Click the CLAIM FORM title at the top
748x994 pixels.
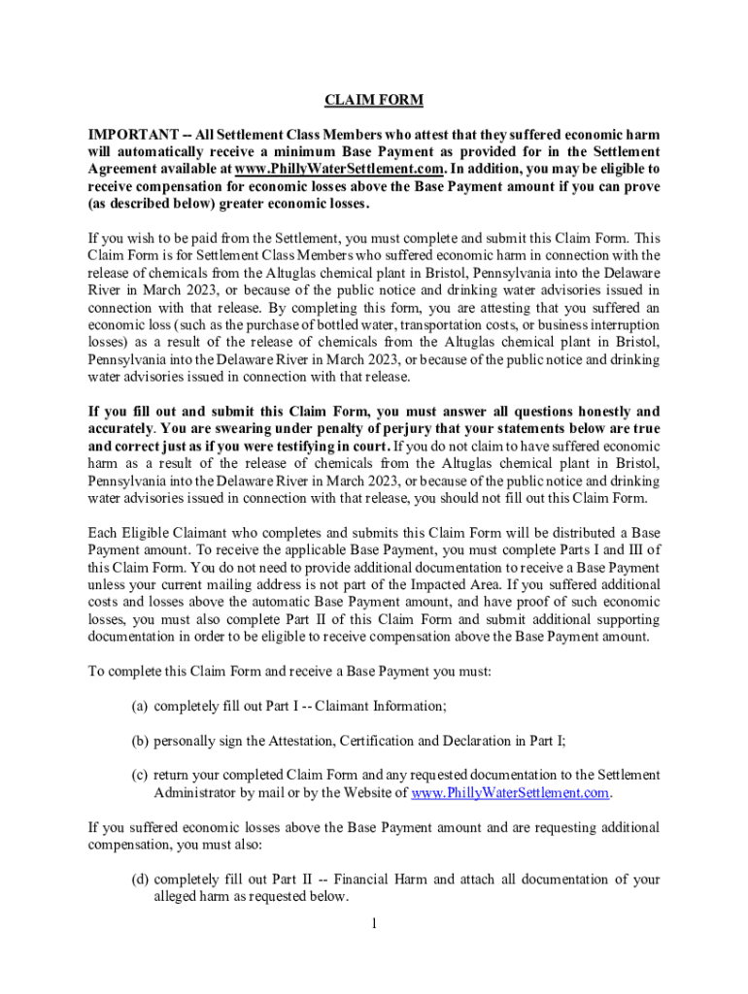(x=374, y=101)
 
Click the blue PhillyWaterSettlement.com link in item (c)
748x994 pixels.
(x=511, y=793)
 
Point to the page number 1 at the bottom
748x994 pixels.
(x=373, y=921)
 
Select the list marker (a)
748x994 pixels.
(x=140, y=706)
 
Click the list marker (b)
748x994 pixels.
(x=140, y=741)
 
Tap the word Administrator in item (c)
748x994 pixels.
(x=197, y=793)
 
